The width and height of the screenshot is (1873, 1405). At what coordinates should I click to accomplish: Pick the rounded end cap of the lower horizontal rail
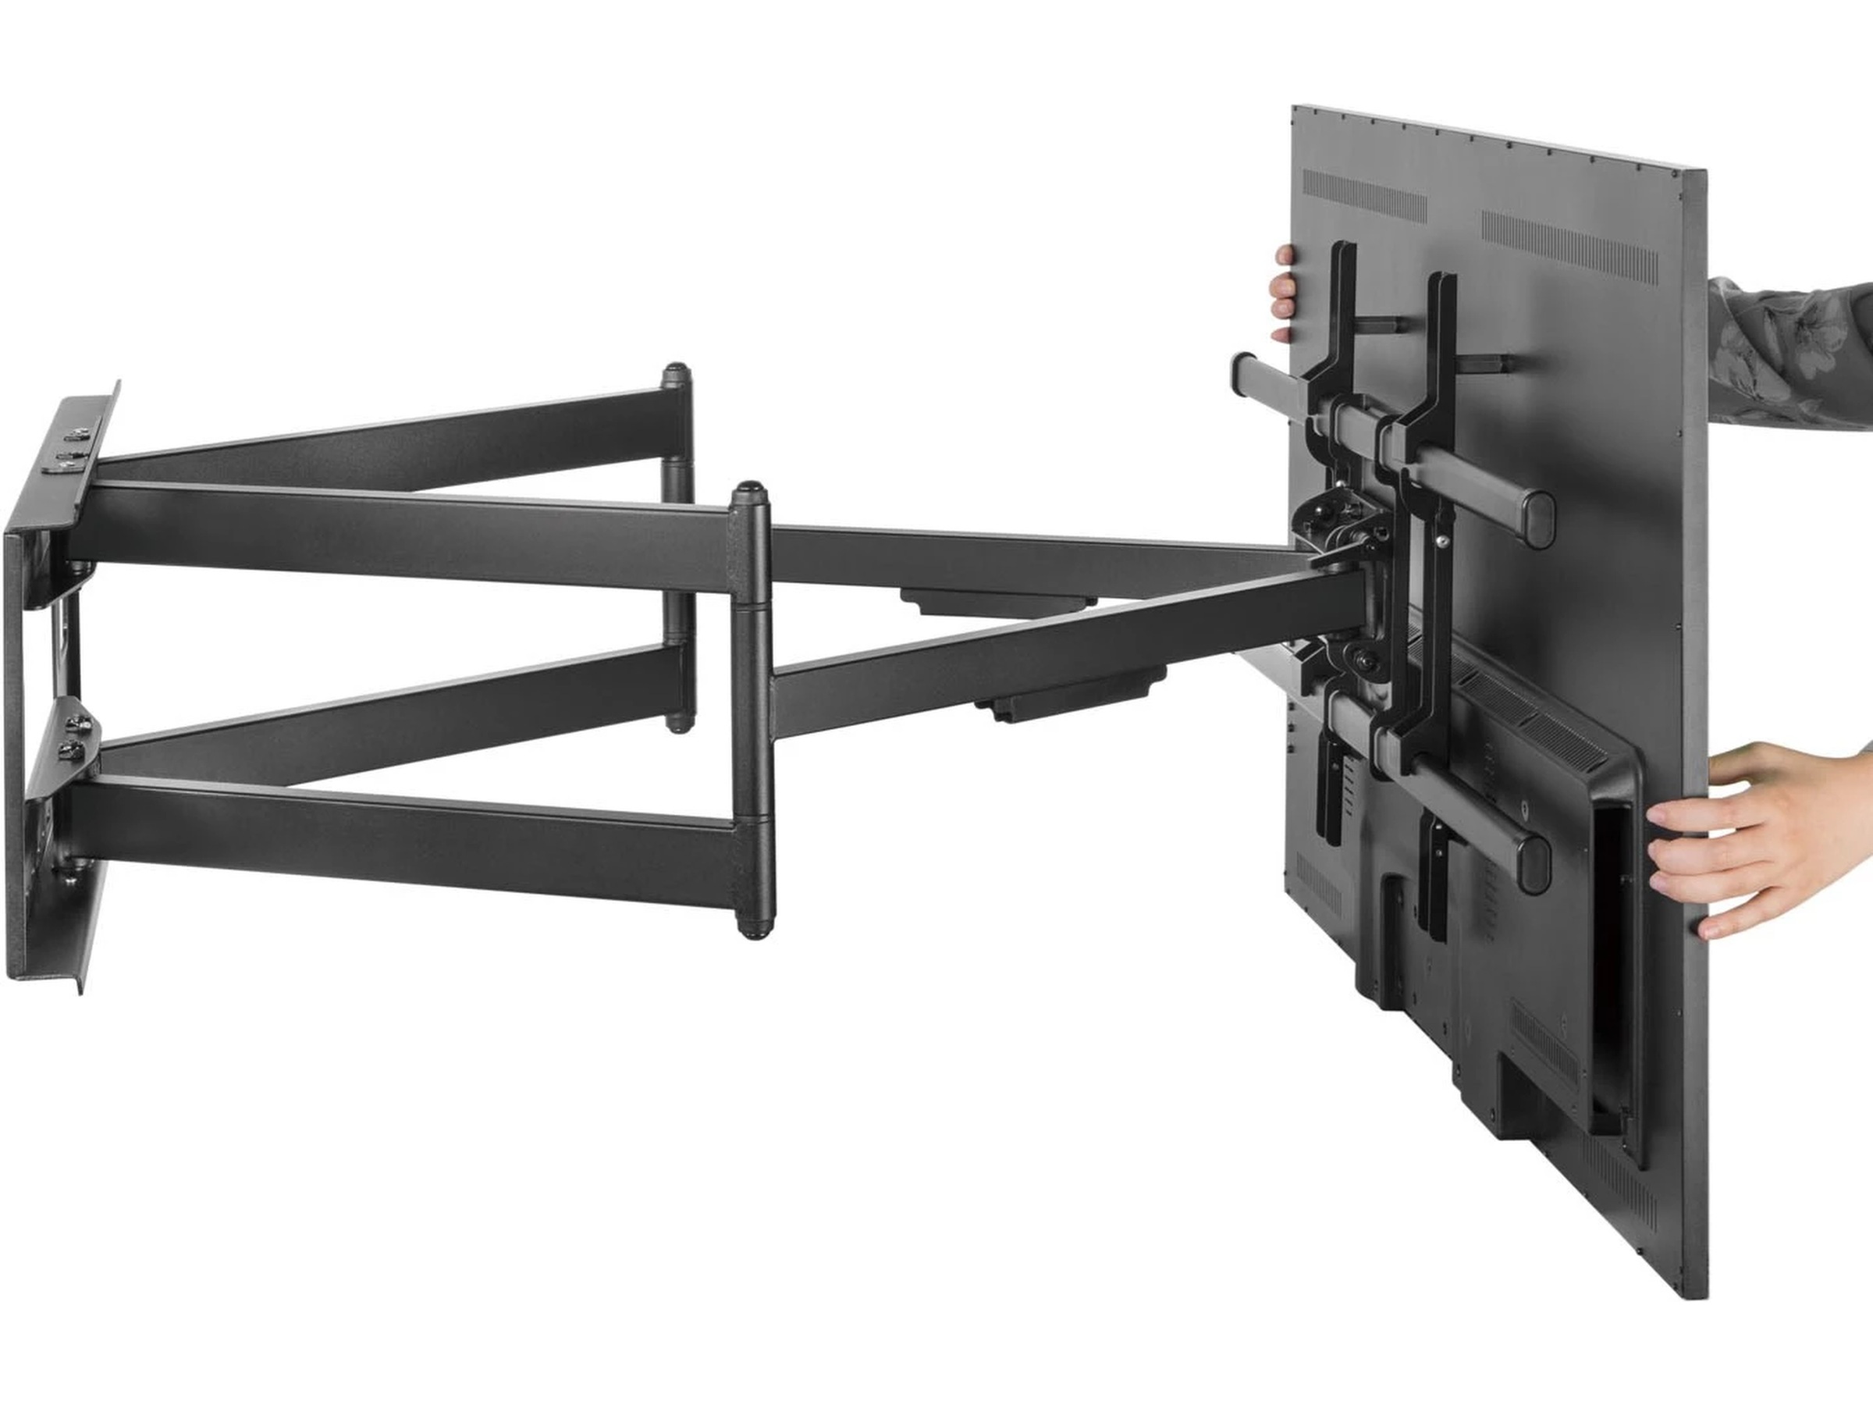[1532, 868]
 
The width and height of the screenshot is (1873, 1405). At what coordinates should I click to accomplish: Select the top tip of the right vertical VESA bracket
[1442, 280]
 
